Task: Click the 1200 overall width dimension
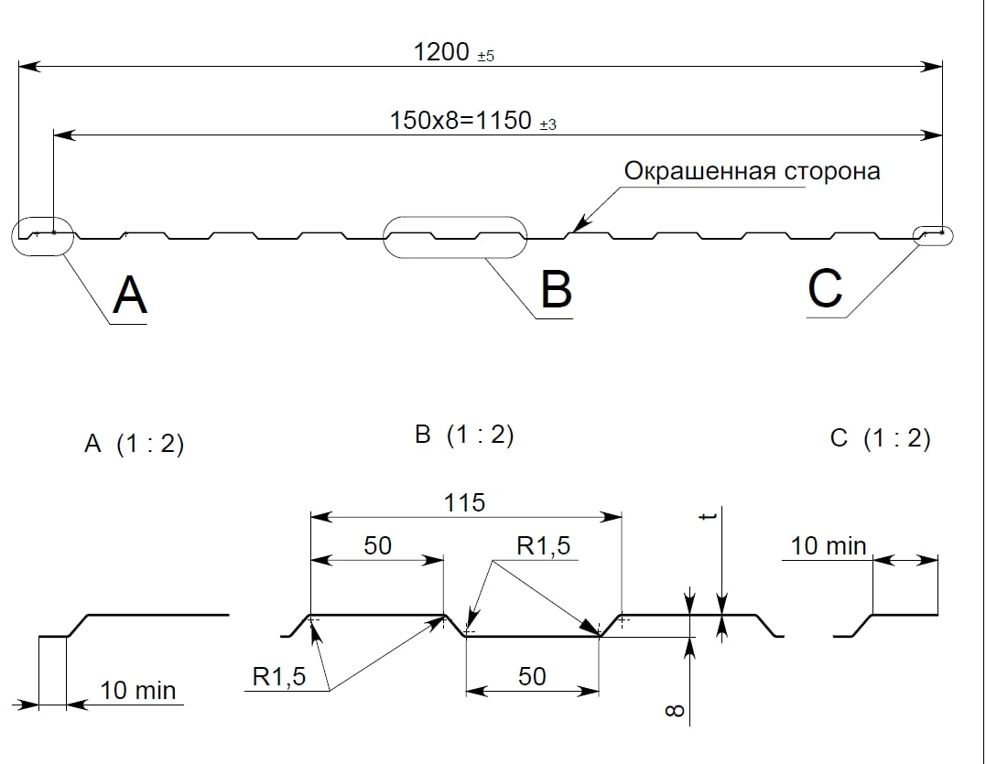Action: pyautogui.click(x=441, y=52)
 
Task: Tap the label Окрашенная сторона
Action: pyautogui.click(x=752, y=171)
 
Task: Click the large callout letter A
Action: pyautogui.click(x=129, y=296)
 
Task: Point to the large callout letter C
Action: pyautogui.click(x=825, y=289)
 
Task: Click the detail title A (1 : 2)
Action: pyautogui.click(x=134, y=445)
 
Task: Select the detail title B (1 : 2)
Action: pyautogui.click(x=464, y=436)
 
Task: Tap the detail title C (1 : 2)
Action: pyautogui.click(x=880, y=439)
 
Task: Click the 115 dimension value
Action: pyautogui.click(x=464, y=502)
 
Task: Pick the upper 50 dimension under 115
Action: pyautogui.click(x=377, y=545)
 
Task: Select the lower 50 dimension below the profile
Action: pyautogui.click(x=532, y=676)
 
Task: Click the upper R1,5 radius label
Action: pyautogui.click(x=543, y=546)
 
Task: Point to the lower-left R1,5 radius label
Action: pyautogui.click(x=280, y=677)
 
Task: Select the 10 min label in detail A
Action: pyautogui.click(x=137, y=690)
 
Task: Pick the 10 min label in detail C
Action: pyautogui.click(x=828, y=546)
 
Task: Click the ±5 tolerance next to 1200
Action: pyautogui.click(x=485, y=57)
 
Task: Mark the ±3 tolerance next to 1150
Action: pyautogui.click(x=547, y=125)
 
